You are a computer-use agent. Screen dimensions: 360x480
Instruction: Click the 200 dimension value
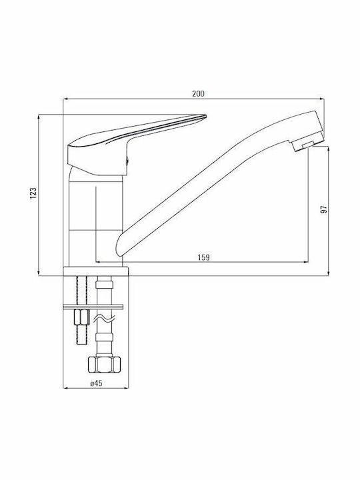(198, 94)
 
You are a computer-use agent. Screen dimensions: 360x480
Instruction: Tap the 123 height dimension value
(33, 193)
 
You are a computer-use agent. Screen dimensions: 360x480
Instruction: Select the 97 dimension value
(323, 209)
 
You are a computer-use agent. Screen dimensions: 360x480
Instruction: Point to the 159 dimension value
(203, 257)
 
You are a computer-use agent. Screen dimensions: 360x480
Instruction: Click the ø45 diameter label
(96, 383)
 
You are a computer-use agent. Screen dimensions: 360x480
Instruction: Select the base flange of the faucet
(96, 271)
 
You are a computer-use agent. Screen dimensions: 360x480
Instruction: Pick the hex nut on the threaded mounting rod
(81, 317)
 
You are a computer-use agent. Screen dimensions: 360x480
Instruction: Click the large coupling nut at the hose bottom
(104, 364)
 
